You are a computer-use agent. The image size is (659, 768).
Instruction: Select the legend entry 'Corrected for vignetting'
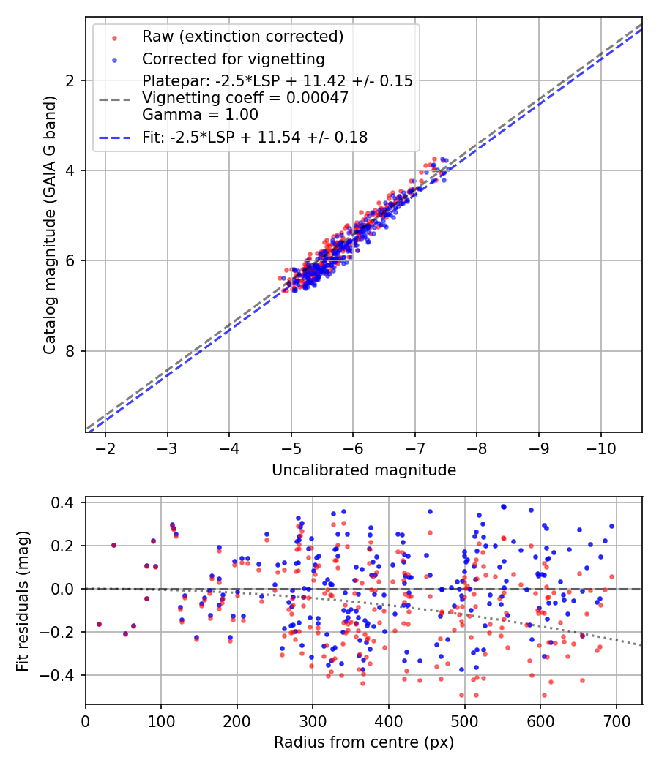click(233, 59)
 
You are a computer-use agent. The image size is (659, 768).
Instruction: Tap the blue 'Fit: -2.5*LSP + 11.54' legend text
click(254, 137)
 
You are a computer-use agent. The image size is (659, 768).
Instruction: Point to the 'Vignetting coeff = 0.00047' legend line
click(245, 97)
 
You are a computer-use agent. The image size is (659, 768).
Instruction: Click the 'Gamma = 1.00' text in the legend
click(200, 114)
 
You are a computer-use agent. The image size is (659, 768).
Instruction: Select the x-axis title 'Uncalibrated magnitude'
click(364, 470)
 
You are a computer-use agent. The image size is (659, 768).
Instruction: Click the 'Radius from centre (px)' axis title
click(364, 742)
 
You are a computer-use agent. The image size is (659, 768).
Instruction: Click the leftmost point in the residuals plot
click(99, 624)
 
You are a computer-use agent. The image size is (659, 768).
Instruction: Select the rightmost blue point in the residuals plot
click(611, 526)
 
